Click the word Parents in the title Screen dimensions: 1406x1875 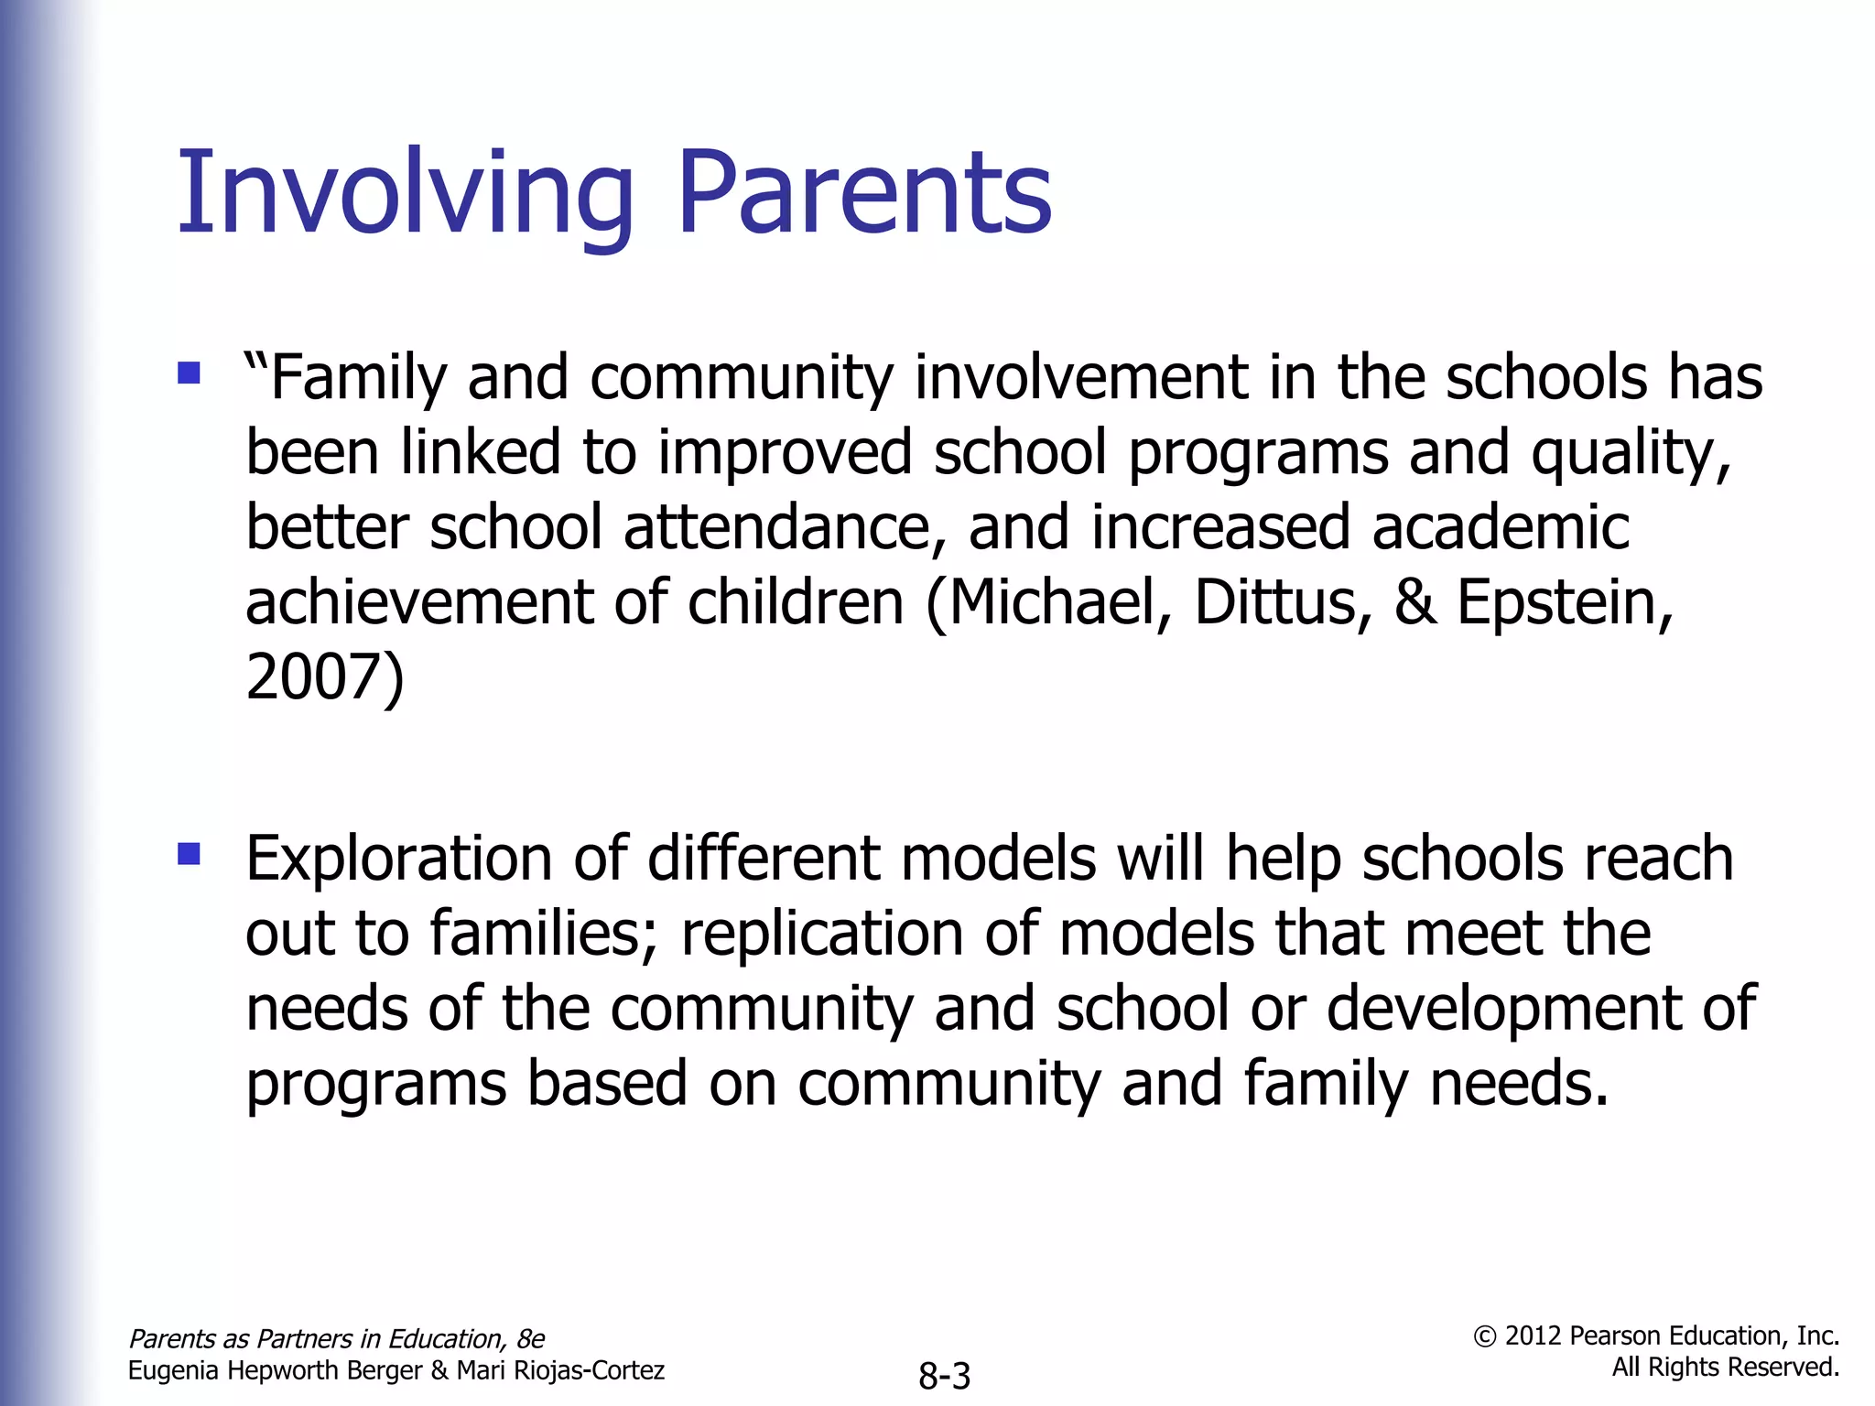(864, 194)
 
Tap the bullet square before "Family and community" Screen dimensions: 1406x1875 (190, 373)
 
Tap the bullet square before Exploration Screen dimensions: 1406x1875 (190, 854)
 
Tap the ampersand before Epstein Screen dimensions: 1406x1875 (1414, 602)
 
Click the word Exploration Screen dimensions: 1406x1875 (398, 860)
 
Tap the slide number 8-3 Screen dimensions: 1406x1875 (944, 1376)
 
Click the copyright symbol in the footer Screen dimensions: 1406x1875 (1485, 1336)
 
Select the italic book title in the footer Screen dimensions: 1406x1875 (336, 1338)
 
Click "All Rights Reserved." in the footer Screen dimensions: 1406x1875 (1725, 1368)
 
